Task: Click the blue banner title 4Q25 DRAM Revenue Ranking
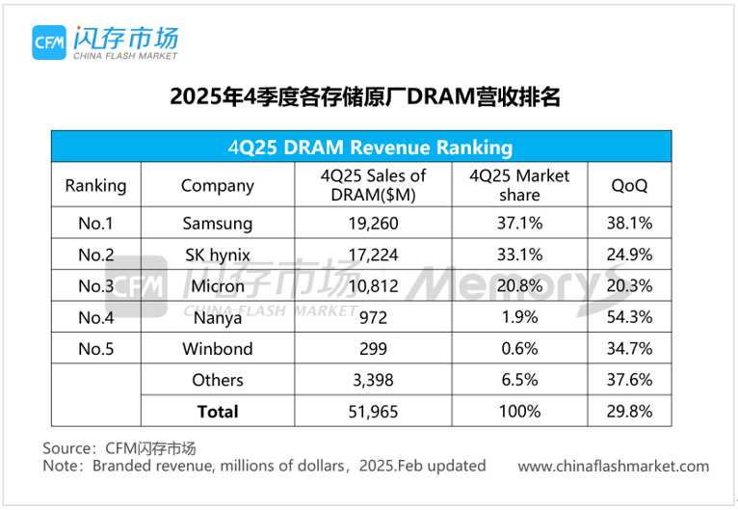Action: (370, 148)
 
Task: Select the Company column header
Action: (218, 185)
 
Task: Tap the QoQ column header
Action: (630, 185)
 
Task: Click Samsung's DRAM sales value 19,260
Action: (373, 224)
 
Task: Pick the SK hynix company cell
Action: (218, 255)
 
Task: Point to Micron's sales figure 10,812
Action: (373, 285)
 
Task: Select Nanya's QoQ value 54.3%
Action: (632, 317)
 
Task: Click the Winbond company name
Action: (218, 348)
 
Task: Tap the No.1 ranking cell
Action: (95, 224)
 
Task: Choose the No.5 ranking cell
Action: (95, 348)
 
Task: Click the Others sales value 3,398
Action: (373, 380)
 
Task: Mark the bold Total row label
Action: (218, 411)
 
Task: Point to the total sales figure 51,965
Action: (373, 411)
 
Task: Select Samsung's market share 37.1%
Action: (519, 224)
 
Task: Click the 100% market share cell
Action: (519, 411)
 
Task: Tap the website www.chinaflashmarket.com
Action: (613, 467)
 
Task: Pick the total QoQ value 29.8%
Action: (632, 411)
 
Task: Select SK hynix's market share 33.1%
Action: (519, 255)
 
